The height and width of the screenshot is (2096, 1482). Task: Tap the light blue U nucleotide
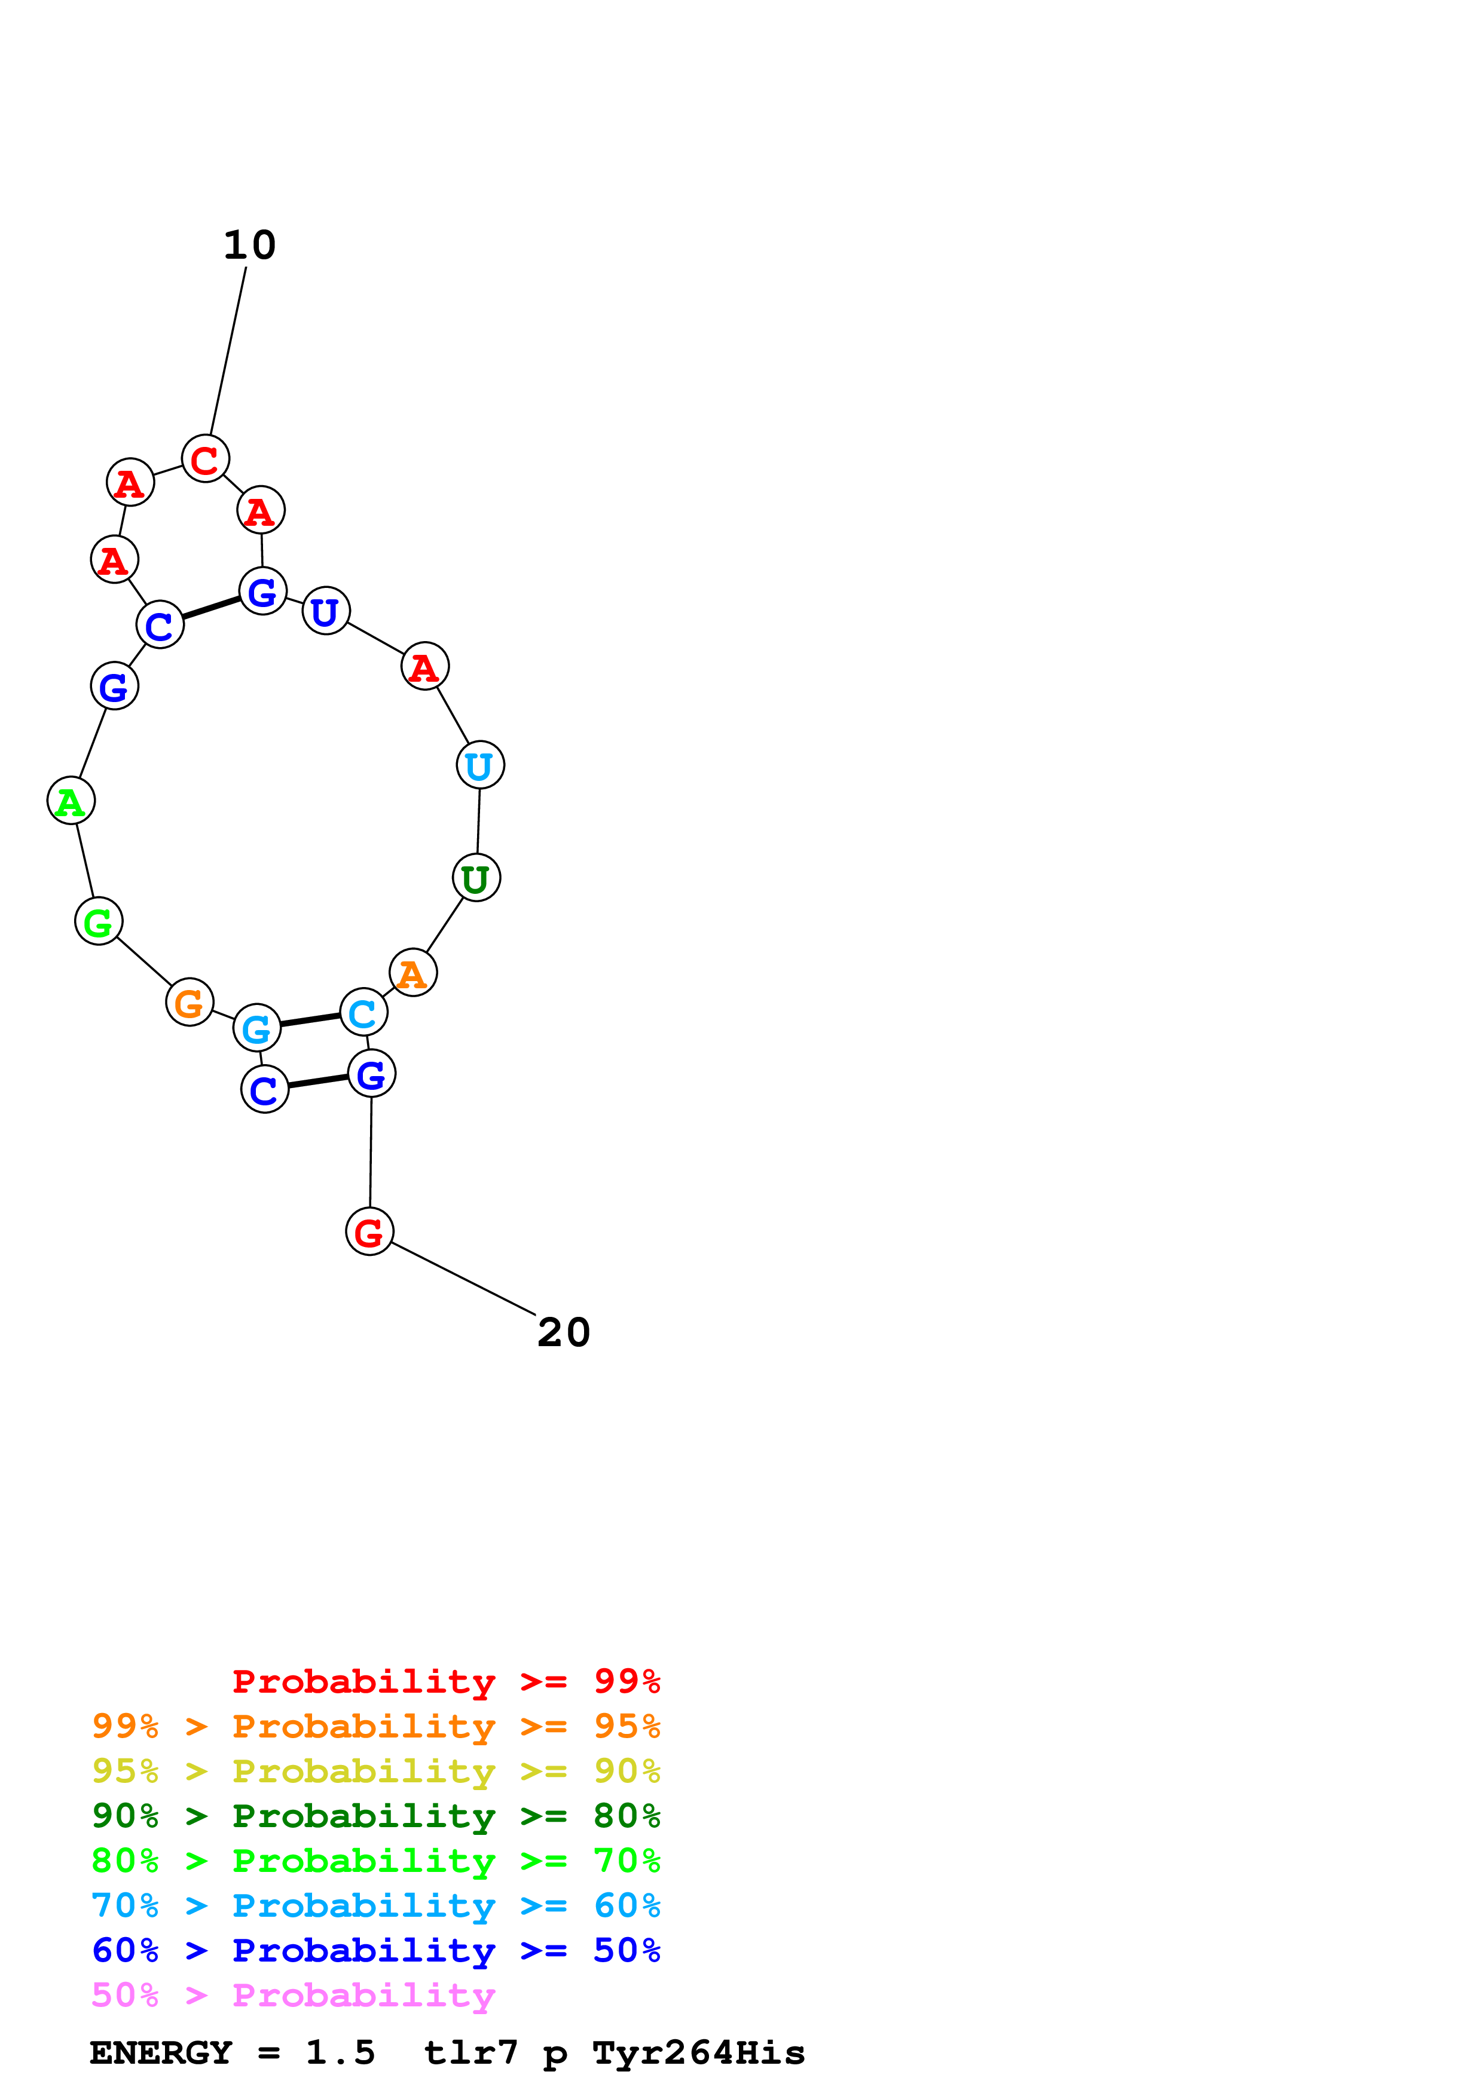[x=480, y=765]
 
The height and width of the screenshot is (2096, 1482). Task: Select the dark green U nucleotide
[x=476, y=878]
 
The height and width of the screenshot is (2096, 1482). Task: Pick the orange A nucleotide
[x=412, y=973]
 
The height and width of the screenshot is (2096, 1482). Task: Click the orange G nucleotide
[x=189, y=1003]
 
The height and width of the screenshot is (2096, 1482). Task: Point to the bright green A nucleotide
[x=71, y=801]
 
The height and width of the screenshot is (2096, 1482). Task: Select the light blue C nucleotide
[x=363, y=1012]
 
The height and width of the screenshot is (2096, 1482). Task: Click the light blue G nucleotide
[x=256, y=1029]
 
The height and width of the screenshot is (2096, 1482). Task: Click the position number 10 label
[x=249, y=244]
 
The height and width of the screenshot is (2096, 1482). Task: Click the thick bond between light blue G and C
[x=310, y=1020]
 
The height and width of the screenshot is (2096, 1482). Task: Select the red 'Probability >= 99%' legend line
[x=445, y=1681]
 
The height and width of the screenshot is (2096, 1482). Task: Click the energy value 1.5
[x=340, y=2052]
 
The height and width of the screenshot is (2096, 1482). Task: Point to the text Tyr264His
[x=698, y=2052]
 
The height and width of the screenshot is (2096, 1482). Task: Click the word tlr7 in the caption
[x=470, y=2052]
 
